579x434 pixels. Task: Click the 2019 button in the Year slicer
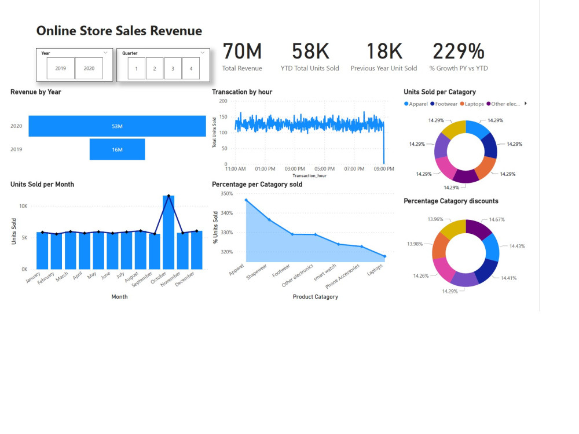coord(61,68)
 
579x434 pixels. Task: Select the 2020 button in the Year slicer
coord(89,68)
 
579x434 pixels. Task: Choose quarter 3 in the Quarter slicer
coord(173,68)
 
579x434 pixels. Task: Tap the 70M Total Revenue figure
coord(242,52)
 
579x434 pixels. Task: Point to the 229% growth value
coord(458,52)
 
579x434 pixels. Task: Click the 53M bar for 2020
coord(117,126)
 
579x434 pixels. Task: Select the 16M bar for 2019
coord(117,149)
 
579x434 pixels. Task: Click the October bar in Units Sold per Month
coord(168,232)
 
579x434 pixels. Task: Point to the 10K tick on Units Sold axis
coord(23,206)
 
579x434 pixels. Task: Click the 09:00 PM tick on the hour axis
coord(383,169)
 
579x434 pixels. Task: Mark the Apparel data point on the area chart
coord(246,200)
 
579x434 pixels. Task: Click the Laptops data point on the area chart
coord(384,256)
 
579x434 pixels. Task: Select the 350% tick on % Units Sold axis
coord(226,194)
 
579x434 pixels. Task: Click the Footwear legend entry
coord(444,104)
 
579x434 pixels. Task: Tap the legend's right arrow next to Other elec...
coord(525,104)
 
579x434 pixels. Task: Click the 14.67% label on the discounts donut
coord(497,220)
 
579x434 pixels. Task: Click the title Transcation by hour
coord(242,92)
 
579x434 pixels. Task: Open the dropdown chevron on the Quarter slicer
coord(203,53)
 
